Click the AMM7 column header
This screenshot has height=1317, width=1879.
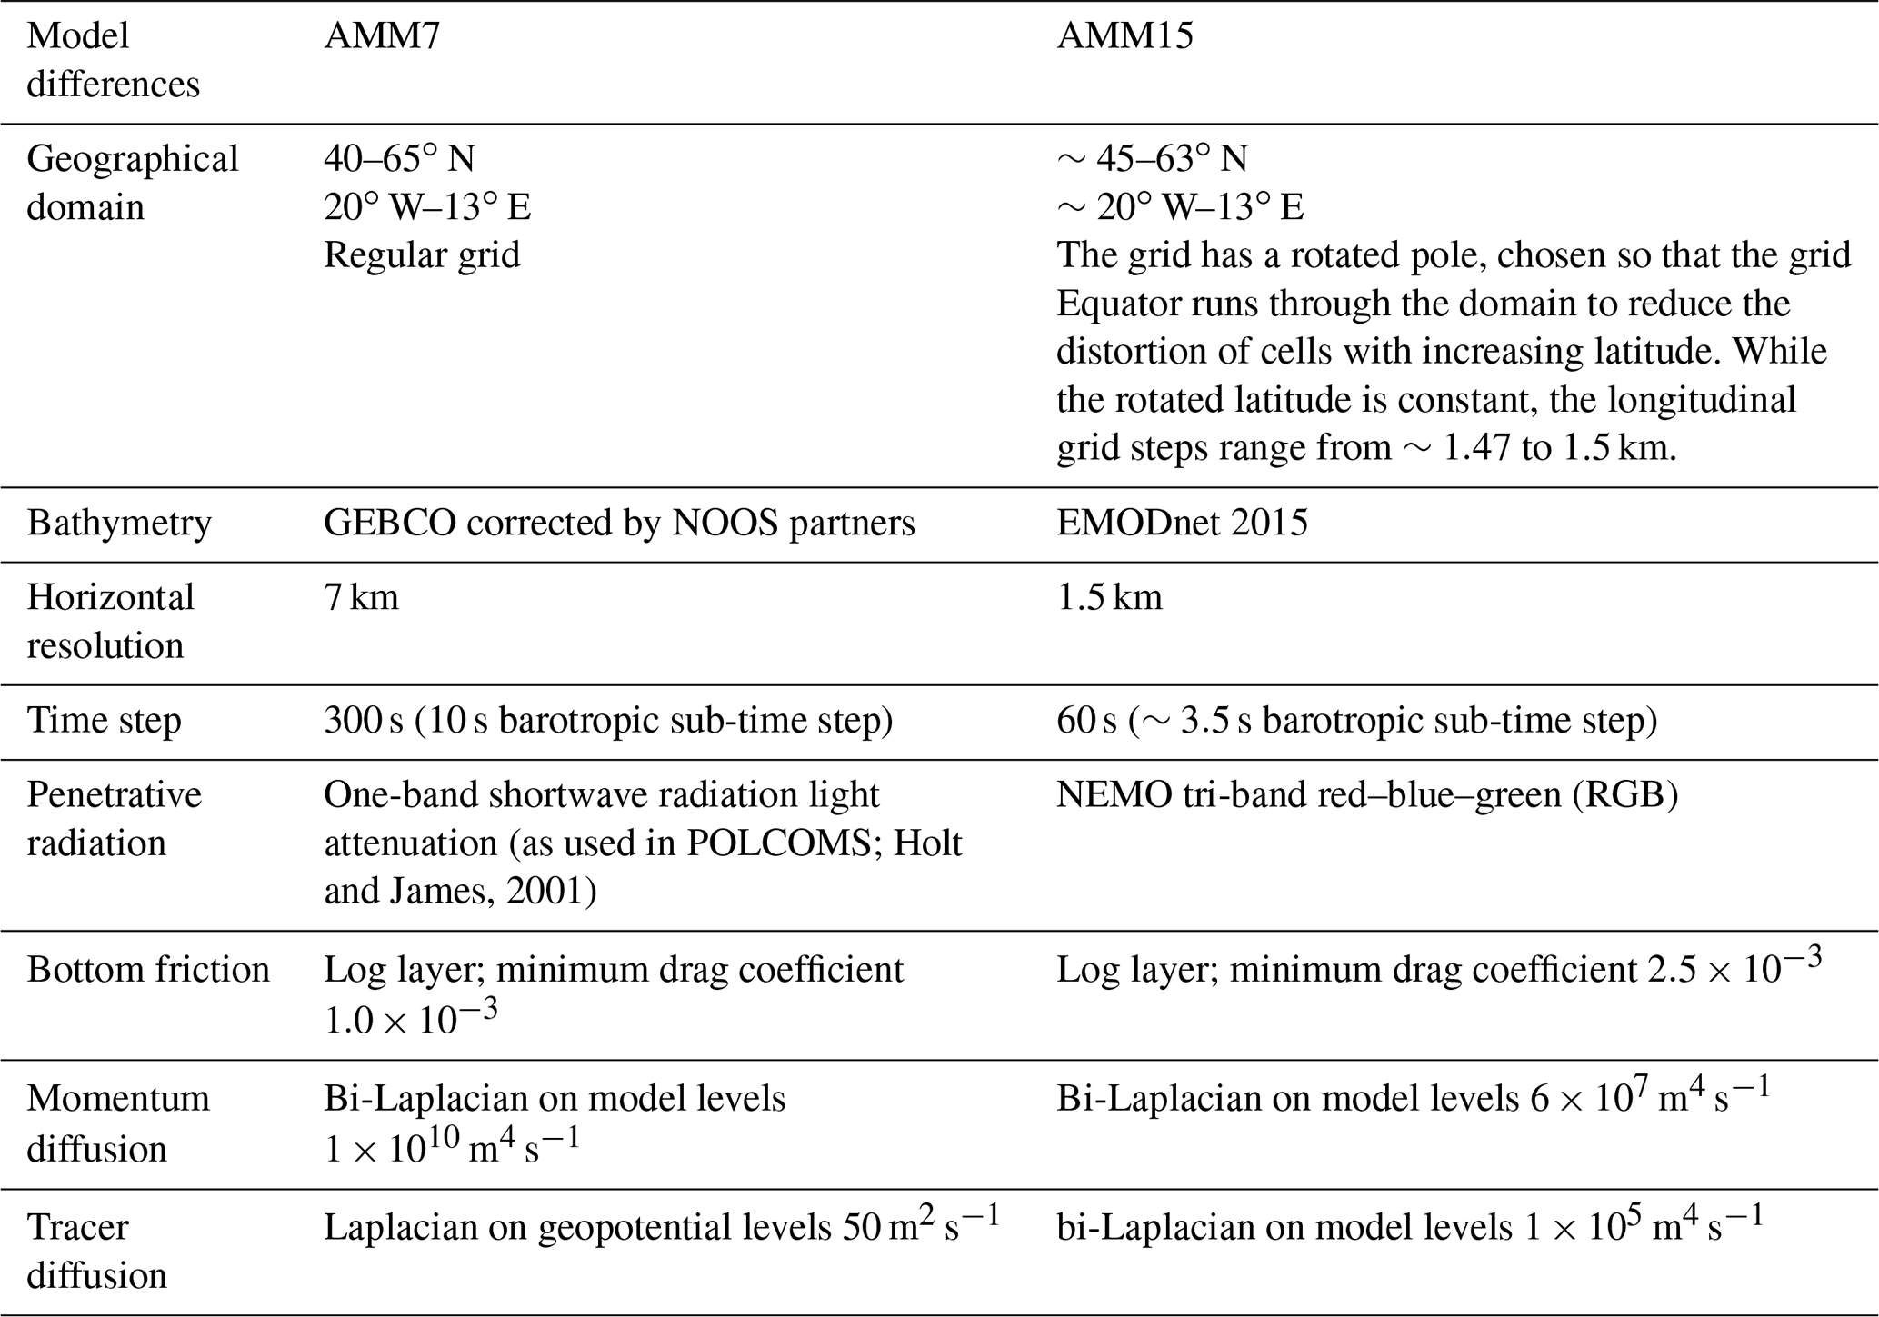point(382,36)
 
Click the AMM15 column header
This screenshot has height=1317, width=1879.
point(1124,36)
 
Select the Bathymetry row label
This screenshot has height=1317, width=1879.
point(119,524)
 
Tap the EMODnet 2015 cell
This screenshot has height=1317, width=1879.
point(1182,524)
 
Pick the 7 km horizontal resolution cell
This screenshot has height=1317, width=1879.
point(361,598)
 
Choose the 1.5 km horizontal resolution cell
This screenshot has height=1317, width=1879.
point(1109,598)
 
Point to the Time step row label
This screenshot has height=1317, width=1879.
point(105,721)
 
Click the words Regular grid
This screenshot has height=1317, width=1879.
point(422,255)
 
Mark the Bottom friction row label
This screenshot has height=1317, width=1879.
point(148,970)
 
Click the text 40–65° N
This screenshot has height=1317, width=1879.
point(399,159)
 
